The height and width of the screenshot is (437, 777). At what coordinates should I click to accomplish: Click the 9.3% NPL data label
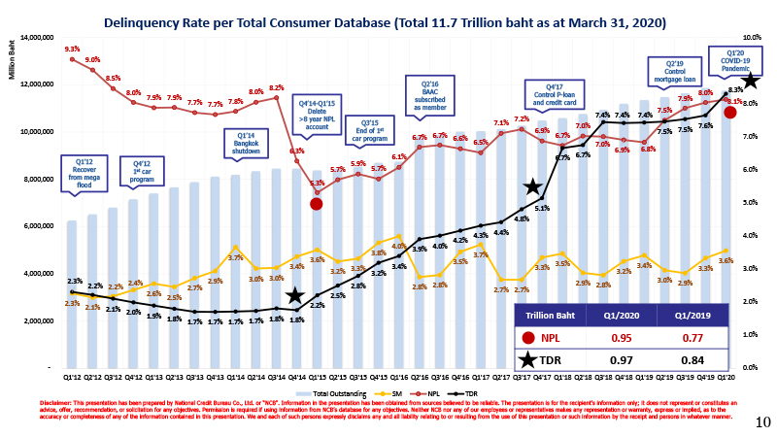point(72,49)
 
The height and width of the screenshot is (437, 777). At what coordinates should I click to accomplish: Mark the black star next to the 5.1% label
point(533,186)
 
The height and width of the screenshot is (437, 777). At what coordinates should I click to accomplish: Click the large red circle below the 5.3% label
point(316,204)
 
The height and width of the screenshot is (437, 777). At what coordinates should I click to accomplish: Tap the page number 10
point(762,422)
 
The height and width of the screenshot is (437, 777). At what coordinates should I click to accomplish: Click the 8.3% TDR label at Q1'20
point(735,89)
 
